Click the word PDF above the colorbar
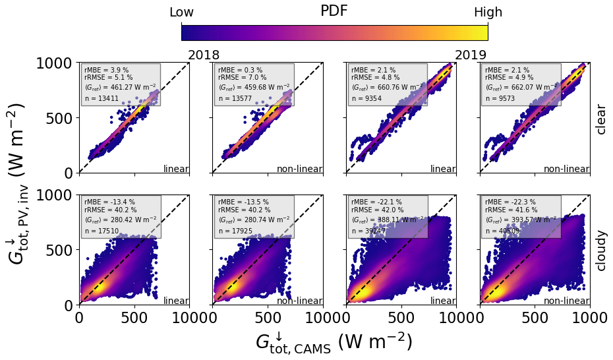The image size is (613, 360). pyautogui.click(x=334, y=11)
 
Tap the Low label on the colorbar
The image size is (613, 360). pyautogui.click(x=181, y=13)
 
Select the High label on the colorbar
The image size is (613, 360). pyautogui.click(x=488, y=13)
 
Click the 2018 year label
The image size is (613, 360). pyautogui.click(x=204, y=55)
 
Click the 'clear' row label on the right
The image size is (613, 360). pyautogui.click(x=600, y=119)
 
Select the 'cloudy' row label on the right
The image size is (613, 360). pyautogui.click(x=600, y=251)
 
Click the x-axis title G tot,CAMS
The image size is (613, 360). pyautogui.click(x=334, y=342)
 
